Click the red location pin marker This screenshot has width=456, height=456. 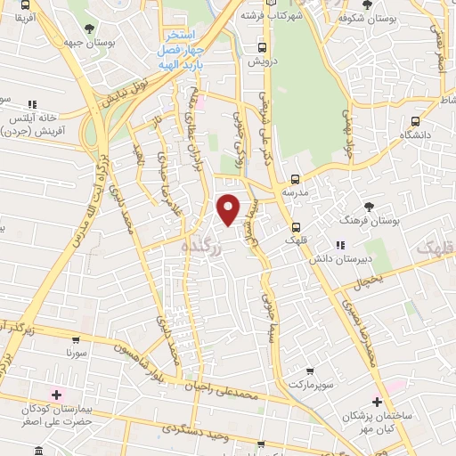230,208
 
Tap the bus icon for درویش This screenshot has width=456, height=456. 261,48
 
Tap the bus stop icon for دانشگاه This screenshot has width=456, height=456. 416,121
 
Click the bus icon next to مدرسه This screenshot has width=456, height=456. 295,177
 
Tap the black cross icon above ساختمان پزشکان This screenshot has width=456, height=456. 378,403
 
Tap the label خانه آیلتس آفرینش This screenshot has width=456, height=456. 34,123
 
